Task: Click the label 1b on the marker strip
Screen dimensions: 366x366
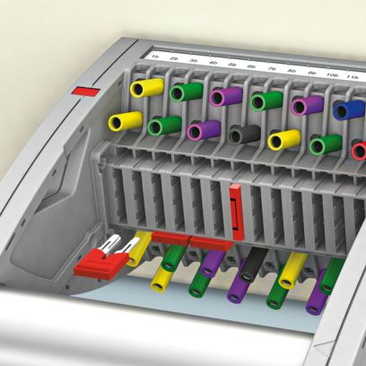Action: (x=156, y=57)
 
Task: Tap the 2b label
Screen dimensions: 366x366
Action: (x=175, y=59)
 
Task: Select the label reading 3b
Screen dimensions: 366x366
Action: (x=194, y=61)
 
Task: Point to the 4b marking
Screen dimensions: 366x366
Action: (x=213, y=63)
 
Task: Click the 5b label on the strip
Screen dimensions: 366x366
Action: (x=233, y=65)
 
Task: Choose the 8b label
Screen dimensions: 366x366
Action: (x=292, y=70)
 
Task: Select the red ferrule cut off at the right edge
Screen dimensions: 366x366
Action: (x=359, y=150)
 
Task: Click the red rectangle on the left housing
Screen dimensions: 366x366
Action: (x=85, y=91)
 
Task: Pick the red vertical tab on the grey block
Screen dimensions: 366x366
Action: (x=234, y=213)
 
